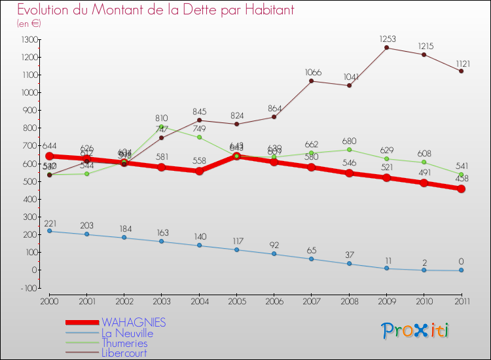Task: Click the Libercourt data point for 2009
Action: tap(387, 48)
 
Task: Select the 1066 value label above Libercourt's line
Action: tap(312, 72)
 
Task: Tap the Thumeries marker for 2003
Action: tap(162, 127)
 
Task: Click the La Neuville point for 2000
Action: tap(49, 231)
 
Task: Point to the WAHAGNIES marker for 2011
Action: tap(462, 189)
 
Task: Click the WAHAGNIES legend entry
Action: tap(134, 323)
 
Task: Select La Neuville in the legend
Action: tap(127, 333)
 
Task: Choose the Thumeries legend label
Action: tap(124, 344)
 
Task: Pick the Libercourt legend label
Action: tap(124, 353)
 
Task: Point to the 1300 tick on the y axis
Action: tap(28, 40)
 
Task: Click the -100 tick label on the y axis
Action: tap(28, 288)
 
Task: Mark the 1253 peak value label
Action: tap(387, 39)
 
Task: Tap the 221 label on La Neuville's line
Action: tap(51, 223)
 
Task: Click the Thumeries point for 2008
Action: tap(349, 150)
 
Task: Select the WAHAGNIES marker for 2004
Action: tap(199, 171)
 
